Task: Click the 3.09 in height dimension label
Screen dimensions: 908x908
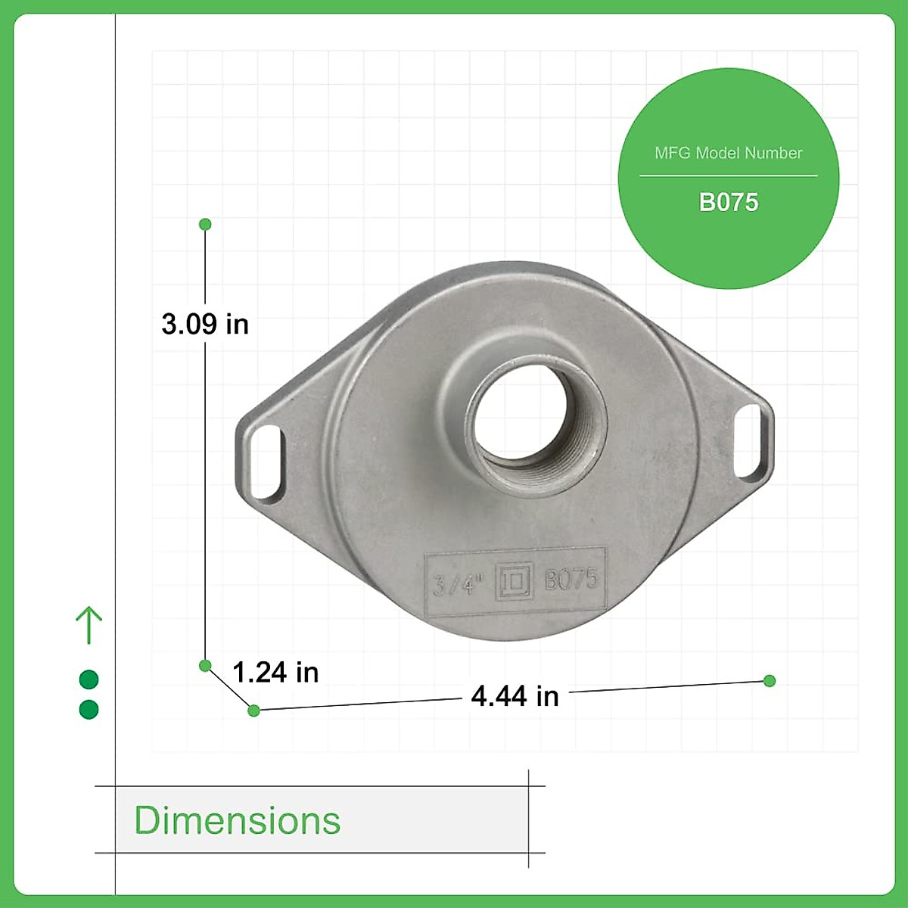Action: tap(205, 324)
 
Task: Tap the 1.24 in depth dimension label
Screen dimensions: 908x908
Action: tap(275, 672)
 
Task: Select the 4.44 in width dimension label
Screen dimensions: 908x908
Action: tap(515, 696)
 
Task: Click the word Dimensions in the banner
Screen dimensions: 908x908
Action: tap(237, 820)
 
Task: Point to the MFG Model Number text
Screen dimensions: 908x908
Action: tap(728, 153)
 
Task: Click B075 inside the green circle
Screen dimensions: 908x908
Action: tap(729, 202)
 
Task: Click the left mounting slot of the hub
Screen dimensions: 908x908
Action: tap(266, 461)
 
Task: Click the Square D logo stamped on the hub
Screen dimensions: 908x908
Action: tap(514, 580)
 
